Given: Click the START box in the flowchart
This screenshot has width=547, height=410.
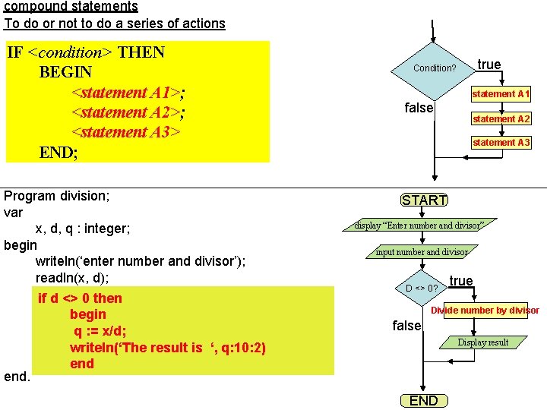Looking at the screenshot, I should (424, 200).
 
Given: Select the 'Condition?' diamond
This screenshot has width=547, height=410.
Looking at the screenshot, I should (434, 68).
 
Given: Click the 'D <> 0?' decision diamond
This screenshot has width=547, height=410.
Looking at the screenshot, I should (422, 288).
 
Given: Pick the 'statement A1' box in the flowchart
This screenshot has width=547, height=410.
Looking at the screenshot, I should (501, 94).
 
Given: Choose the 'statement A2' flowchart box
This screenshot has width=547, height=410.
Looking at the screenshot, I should (501, 118).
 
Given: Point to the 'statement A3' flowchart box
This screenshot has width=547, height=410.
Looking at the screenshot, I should (501, 143).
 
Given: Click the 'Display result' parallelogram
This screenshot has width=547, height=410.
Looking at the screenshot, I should (482, 342).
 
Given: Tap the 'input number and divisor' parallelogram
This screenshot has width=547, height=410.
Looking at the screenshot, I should (422, 252).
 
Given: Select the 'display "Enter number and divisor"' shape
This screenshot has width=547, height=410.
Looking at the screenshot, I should (419, 225).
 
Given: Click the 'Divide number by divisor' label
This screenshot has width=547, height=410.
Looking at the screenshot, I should (485, 311).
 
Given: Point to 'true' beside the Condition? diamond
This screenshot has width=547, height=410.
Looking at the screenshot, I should (489, 65).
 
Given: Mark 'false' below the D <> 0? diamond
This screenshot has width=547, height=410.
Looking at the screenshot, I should (406, 326).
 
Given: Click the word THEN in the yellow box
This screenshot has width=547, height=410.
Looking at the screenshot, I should (141, 52).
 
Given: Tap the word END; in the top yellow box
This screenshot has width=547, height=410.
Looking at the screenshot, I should (58, 152).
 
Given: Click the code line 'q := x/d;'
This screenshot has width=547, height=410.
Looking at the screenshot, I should (100, 331).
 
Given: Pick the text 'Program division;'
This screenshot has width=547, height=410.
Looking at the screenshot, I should (57, 196).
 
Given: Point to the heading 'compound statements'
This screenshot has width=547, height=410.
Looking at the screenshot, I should (71, 7).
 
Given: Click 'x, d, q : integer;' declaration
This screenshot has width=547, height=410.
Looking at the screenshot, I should (83, 229).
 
